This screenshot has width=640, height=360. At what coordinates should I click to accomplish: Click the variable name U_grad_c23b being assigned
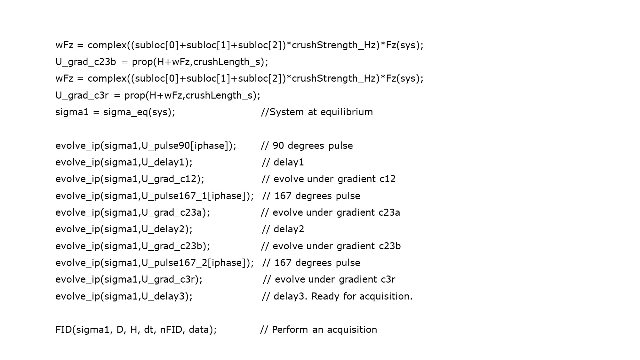pos(85,62)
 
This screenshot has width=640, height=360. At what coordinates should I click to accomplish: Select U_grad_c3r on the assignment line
pos(82,95)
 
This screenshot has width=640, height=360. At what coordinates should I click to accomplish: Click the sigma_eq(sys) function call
pos(139,112)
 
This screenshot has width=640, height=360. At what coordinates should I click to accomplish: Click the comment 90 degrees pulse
pos(307,146)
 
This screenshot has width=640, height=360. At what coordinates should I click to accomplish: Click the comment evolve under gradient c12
pos(329,179)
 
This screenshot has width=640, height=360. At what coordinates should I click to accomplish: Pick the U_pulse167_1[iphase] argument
pos(196,196)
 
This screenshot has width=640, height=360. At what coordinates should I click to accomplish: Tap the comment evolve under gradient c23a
pos(330,212)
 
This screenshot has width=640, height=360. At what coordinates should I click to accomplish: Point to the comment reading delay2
pos(283,229)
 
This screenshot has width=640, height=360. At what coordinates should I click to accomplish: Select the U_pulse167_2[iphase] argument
pos(196,263)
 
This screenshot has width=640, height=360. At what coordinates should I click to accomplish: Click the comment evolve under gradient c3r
pos(329,279)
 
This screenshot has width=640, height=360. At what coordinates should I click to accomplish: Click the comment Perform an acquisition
pos(318,330)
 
